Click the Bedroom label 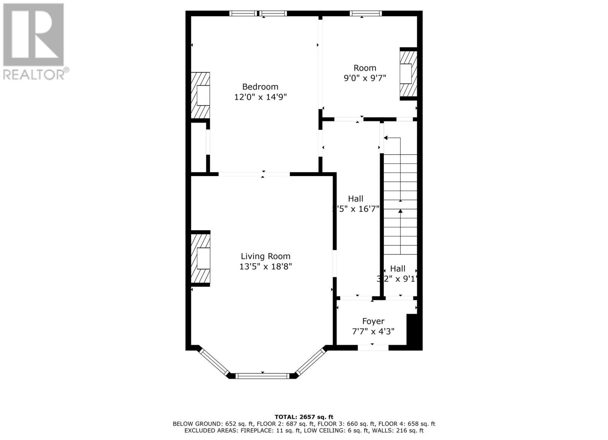[x=260, y=86]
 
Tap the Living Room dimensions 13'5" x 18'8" [x=265, y=267]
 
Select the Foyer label [x=373, y=321]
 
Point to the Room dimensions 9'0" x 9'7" [x=365, y=78]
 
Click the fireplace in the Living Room [x=200, y=258]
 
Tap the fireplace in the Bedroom [x=200, y=95]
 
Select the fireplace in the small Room [x=408, y=74]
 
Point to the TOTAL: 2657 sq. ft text [x=304, y=417]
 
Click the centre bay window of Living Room [x=262, y=376]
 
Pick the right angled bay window [x=311, y=362]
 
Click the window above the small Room [x=365, y=14]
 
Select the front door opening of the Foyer [x=373, y=347]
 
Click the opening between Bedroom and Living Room [x=254, y=174]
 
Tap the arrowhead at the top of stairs [x=386, y=138]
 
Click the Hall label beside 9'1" [x=397, y=269]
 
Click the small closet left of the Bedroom [x=198, y=147]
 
